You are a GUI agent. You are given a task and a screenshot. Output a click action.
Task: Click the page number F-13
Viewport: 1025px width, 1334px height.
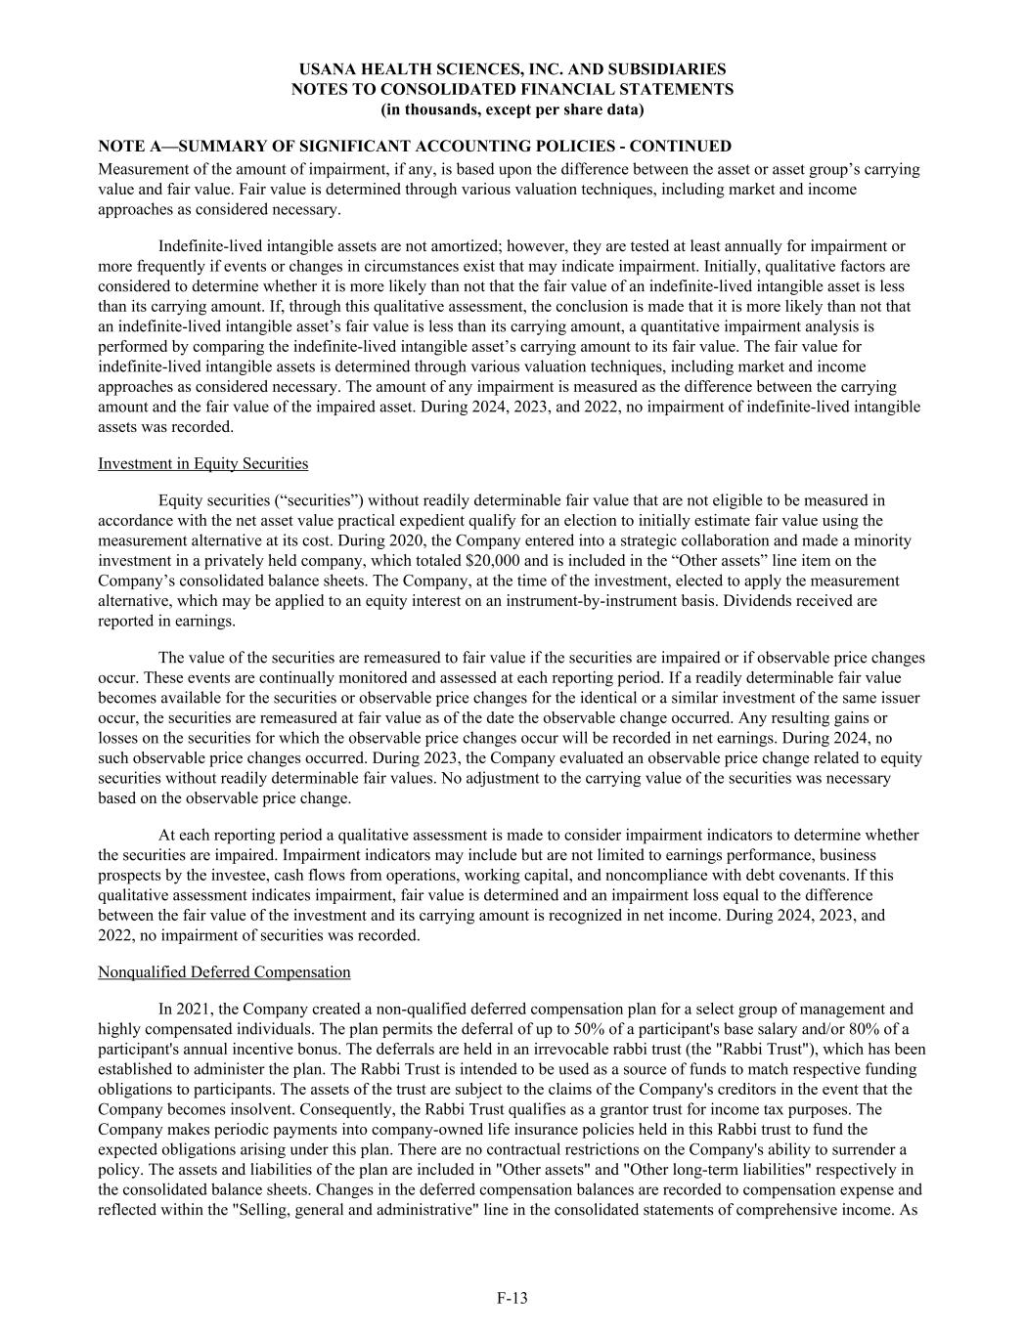click(512, 1298)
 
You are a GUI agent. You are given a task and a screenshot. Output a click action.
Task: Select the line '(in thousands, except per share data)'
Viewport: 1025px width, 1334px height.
click(512, 108)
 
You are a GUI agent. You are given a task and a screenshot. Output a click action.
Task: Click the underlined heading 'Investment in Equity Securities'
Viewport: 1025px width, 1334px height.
click(202, 463)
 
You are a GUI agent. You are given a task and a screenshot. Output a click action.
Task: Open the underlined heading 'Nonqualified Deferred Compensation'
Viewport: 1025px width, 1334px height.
click(224, 971)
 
